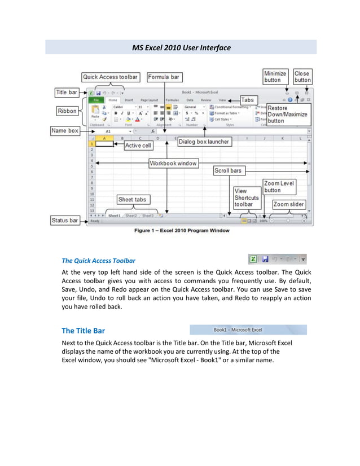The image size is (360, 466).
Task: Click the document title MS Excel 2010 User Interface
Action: coord(181,47)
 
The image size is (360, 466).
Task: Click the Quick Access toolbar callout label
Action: coord(110,77)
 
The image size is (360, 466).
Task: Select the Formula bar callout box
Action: coord(164,77)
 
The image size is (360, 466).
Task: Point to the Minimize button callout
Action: coord(275,77)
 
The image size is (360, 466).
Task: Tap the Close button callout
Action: coord(302,77)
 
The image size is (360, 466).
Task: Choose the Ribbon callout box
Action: coord(67,111)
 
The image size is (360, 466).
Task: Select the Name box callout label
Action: coord(65,130)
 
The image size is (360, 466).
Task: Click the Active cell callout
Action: coord(138,146)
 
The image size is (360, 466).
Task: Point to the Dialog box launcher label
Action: coord(204,142)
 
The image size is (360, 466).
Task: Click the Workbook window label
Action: coord(173,163)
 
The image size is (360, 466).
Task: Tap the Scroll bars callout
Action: coord(228,170)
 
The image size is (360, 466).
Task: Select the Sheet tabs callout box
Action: coord(132,200)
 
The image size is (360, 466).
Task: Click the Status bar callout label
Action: coord(65,221)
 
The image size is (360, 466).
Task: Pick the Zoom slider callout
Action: coord(289,204)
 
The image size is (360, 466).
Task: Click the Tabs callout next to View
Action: coord(248,100)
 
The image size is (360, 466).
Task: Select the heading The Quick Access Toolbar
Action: coord(98,261)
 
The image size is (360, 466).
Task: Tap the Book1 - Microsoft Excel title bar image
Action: coord(248,329)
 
